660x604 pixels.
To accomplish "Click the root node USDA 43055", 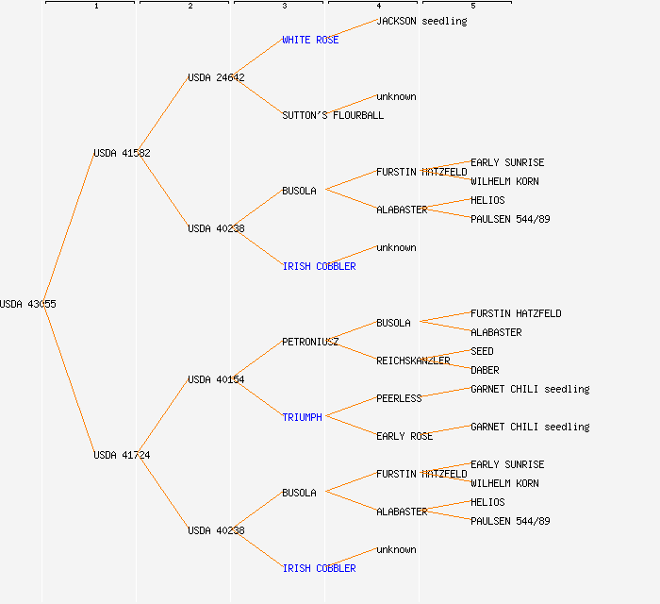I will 27,304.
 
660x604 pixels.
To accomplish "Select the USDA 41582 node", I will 122,153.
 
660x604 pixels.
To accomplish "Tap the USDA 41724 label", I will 122,455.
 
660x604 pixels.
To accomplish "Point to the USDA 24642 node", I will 216,77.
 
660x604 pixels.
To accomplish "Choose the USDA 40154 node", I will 216,379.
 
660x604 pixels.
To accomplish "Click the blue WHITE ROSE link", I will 310,40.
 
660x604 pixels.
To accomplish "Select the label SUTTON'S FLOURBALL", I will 333,115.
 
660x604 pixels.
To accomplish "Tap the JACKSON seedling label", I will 421,21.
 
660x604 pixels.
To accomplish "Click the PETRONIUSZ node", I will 310,342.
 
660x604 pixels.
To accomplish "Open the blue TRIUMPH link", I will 302,417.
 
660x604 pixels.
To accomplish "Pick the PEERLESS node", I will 399,398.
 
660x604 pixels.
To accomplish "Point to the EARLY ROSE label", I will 404,436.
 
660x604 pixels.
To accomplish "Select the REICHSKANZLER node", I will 413,361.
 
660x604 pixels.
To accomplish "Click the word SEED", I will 482,351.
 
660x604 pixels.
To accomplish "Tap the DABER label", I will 485,370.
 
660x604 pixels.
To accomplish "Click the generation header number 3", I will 284,7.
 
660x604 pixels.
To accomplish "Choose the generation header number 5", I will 472,7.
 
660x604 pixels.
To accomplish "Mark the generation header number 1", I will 95,7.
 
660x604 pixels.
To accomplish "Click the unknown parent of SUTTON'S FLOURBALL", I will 396,96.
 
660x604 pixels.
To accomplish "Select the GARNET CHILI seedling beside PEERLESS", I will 530,389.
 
